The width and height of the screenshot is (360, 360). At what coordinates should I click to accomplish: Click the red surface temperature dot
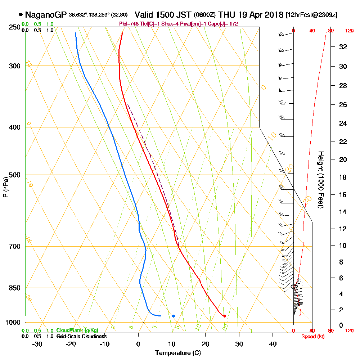[225, 316]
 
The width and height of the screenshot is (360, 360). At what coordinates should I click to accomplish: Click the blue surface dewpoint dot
[174, 316]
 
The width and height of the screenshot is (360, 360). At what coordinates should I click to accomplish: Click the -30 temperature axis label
[37, 343]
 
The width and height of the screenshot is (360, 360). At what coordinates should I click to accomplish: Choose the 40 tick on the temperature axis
[273, 343]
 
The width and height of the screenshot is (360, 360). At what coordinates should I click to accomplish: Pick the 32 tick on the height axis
[343, 46]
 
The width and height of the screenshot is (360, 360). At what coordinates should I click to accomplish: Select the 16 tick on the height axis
[343, 194]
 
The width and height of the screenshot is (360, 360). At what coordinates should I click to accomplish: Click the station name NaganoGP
[45, 15]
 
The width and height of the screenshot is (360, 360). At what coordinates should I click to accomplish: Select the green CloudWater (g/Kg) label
[77, 330]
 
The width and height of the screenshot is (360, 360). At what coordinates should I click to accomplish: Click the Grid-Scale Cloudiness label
[81, 336]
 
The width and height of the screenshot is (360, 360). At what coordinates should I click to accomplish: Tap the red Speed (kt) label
[312, 336]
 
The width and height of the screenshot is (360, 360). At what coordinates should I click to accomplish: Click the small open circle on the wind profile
[293, 287]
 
